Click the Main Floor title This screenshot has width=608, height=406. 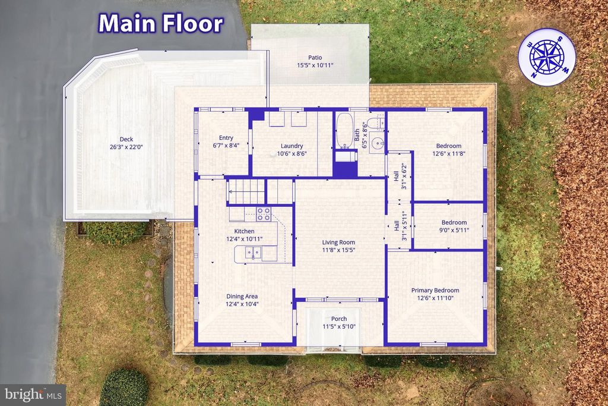point(161,23)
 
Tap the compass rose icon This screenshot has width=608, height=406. point(546,58)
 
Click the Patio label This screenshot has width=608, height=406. point(315,58)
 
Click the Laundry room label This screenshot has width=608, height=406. point(292,146)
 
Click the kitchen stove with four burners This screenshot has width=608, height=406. point(264,213)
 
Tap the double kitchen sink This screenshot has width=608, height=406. point(252,254)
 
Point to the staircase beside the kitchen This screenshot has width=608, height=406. point(246,191)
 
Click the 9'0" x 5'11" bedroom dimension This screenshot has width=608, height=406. point(448,229)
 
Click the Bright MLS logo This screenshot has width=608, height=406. point(33,394)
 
